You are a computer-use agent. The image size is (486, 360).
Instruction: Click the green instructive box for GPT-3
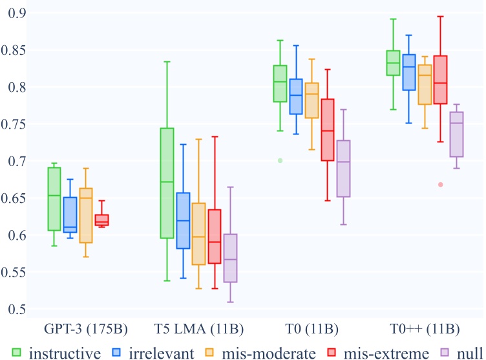[54, 199]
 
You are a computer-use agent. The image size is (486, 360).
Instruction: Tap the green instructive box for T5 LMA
[167, 183]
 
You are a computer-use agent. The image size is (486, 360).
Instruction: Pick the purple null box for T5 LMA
[230, 258]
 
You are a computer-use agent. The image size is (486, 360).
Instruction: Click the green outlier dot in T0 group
[280, 160]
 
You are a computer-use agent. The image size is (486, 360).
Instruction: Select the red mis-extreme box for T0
[328, 130]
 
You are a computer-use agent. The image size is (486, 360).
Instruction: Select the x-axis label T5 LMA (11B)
[198, 329]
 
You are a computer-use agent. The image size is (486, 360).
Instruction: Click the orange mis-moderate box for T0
[312, 100]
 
